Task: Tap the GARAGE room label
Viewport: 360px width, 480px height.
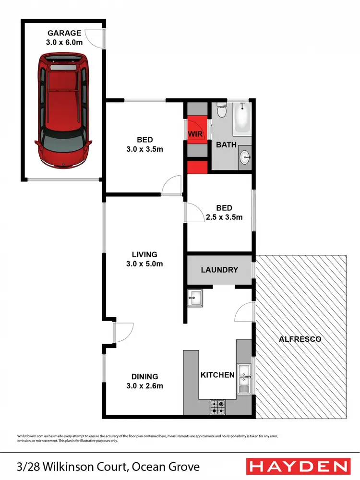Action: point(64,33)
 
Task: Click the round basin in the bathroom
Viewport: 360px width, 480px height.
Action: point(245,156)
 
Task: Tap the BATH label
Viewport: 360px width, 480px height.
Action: point(227,144)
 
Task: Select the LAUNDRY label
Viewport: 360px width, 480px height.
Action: point(219,270)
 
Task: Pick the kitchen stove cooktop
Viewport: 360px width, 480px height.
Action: point(217,407)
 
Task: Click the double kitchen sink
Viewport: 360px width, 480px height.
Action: point(244,379)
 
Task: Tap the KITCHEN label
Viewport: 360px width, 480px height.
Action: point(217,374)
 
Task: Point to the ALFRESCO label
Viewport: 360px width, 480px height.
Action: point(300,339)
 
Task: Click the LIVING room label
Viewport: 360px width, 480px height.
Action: point(144,254)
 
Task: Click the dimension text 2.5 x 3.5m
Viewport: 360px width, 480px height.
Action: point(224,217)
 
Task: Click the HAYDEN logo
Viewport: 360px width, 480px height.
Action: point(297,466)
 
